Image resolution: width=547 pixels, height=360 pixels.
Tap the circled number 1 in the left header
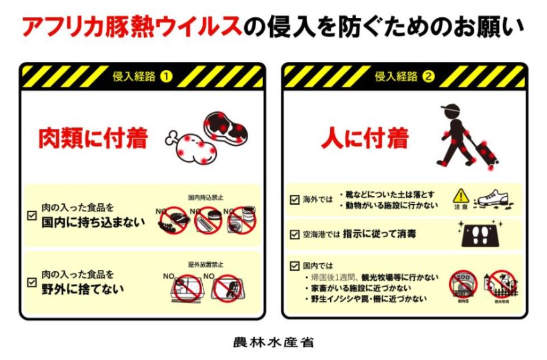point(166,77)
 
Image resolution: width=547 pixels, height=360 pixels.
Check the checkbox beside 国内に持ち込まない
point(31,215)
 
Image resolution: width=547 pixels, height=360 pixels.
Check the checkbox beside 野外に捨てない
point(31,282)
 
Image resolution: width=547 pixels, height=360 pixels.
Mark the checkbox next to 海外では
point(294,199)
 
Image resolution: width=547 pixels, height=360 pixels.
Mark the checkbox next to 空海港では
point(294,234)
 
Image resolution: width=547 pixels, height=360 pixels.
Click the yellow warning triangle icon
point(461,196)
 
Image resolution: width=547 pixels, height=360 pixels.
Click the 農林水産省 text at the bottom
point(273,342)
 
